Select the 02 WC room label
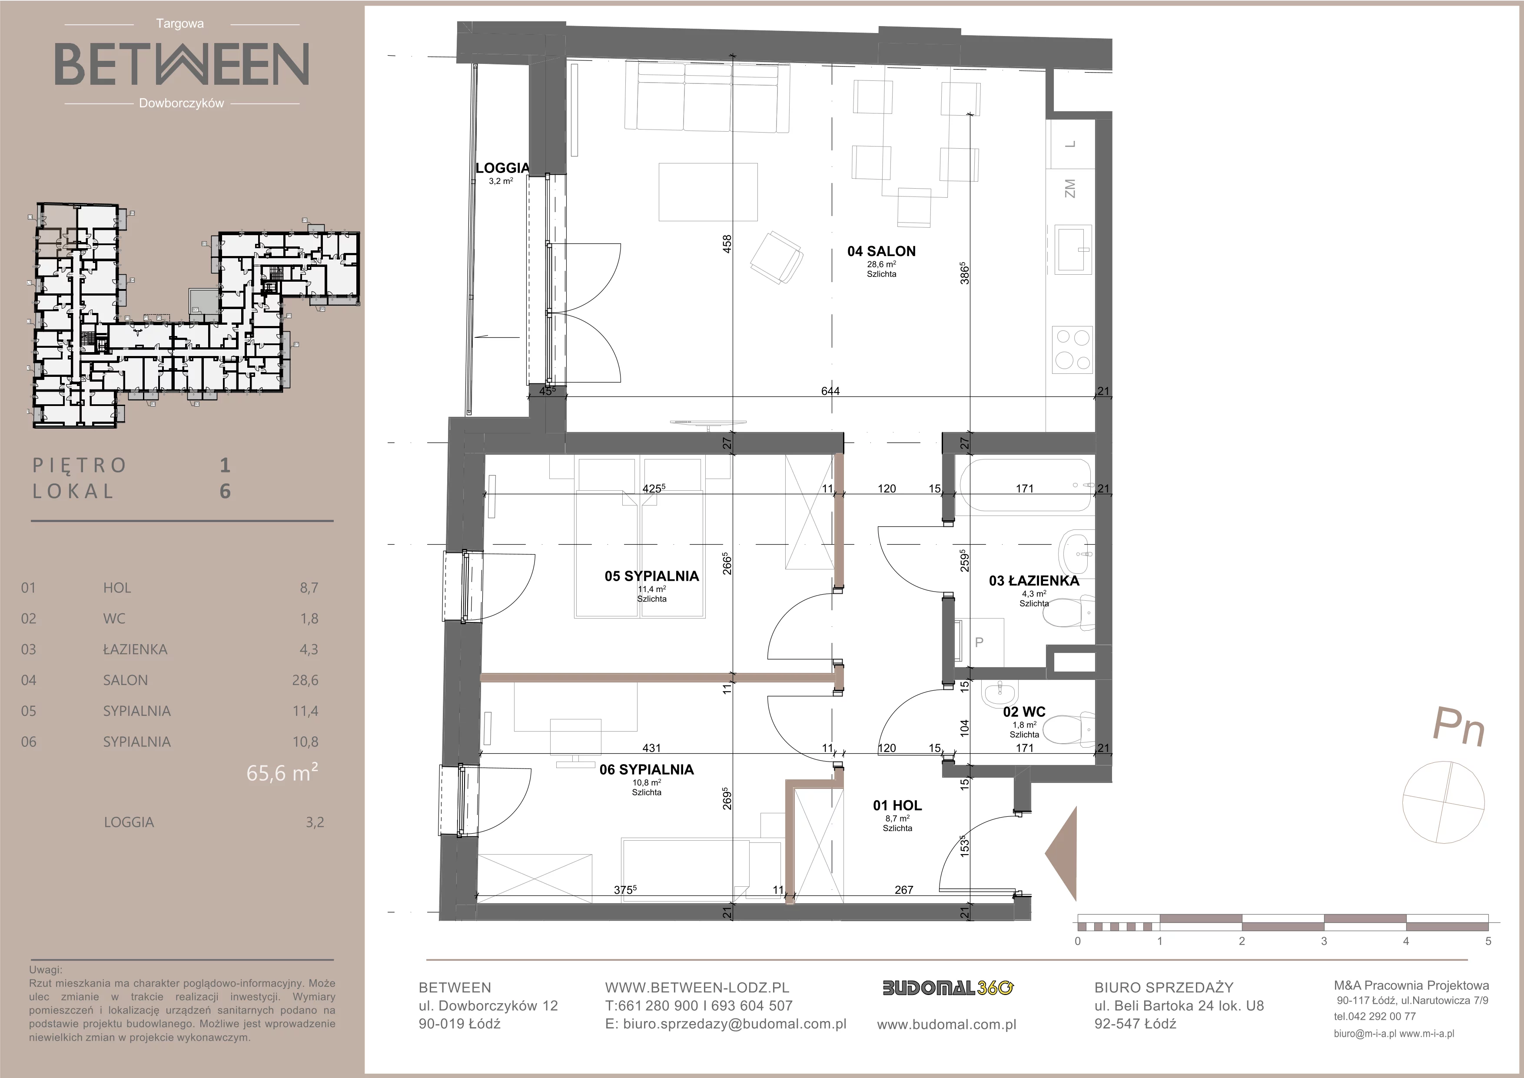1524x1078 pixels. point(1024,712)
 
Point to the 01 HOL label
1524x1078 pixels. point(897,805)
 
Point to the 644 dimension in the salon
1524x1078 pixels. point(830,391)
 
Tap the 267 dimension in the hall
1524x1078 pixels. point(904,889)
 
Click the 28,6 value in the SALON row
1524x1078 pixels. point(305,680)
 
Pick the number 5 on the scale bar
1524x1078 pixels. point(1488,941)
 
